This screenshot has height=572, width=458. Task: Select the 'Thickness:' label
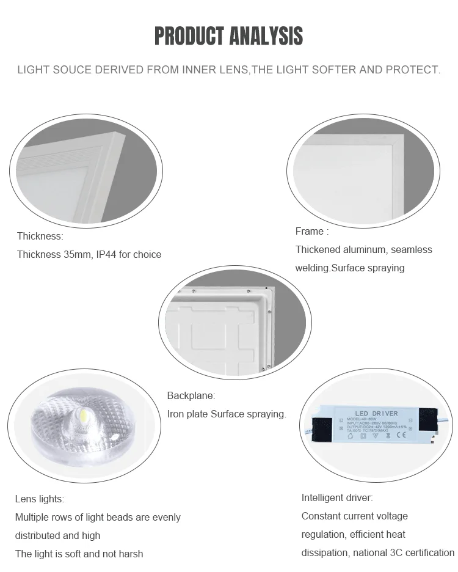(40, 236)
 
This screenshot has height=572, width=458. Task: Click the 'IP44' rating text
(106, 254)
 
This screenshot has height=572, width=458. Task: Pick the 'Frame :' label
(311, 231)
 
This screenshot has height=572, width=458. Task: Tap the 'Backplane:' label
(191, 395)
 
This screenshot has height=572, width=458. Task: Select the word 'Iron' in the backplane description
(177, 414)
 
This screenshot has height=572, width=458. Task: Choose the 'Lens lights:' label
(39, 499)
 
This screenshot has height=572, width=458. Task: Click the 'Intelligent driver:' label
(337, 497)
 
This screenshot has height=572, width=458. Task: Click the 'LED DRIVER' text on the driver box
(376, 414)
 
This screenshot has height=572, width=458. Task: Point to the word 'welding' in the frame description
(311, 268)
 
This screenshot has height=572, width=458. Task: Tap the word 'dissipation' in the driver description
(325, 552)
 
